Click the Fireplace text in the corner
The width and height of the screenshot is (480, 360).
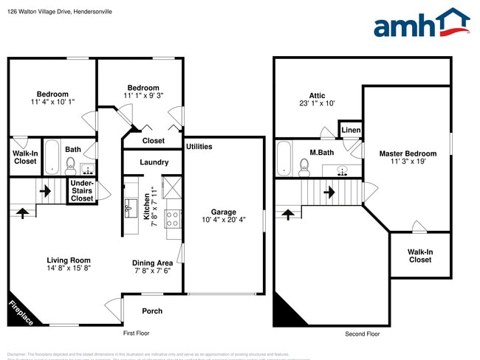point(20,312)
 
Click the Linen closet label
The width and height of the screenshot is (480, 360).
point(351,131)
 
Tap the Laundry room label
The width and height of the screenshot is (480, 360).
point(154,162)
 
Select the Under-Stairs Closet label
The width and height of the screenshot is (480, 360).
point(82,191)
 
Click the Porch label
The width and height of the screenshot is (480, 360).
point(152,311)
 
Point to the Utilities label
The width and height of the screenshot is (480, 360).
point(199,146)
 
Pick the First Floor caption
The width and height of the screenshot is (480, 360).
point(136,333)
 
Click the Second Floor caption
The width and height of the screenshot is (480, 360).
point(363,334)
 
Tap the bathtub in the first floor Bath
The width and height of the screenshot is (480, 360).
point(52,157)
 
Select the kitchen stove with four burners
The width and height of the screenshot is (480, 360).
point(173,218)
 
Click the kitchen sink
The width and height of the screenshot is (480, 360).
point(130,205)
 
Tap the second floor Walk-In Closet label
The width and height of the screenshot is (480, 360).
point(419,255)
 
